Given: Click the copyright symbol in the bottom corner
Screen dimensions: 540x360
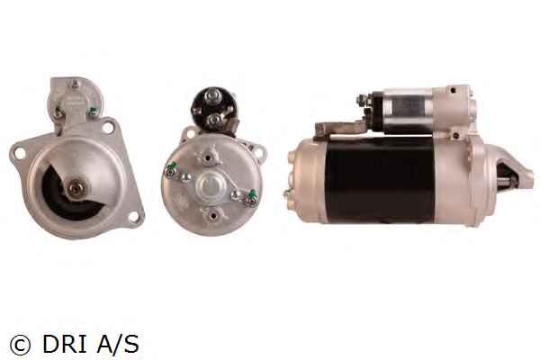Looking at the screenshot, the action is click(21, 345).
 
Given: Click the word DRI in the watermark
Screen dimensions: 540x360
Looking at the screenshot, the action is click(65, 344).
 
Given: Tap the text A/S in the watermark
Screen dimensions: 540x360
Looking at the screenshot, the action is click(118, 344).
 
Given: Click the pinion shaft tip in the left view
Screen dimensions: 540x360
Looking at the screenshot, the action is click(75, 188).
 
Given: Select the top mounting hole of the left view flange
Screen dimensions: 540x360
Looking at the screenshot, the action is click(108, 128).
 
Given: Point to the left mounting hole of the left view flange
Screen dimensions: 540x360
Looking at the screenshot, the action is click(20, 153).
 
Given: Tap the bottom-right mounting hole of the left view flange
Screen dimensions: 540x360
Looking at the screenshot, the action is click(133, 216).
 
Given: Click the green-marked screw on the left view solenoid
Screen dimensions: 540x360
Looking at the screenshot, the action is click(93, 111).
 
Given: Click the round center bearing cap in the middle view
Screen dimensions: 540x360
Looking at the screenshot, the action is click(210, 186).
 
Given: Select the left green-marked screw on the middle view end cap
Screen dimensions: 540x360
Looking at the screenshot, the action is click(171, 169).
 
